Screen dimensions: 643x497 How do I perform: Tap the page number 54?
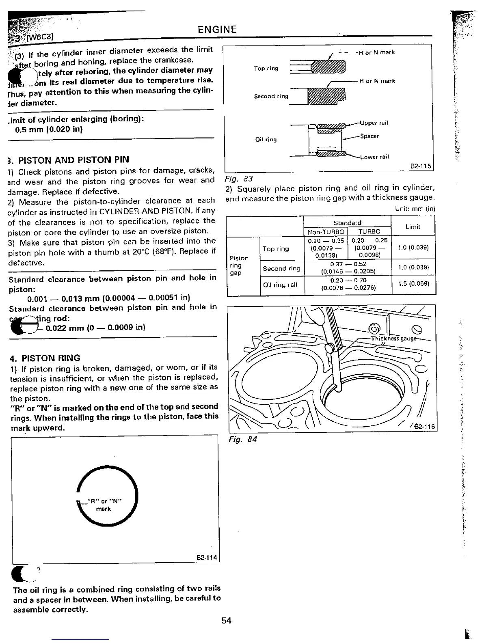pyautogui.click(x=226, y=620)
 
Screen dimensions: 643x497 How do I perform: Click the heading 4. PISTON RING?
pyautogui.click(x=45, y=358)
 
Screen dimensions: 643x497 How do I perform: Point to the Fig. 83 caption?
pyautogui.click(x=234, y=179)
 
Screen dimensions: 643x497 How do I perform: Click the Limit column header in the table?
pyautogui.click(x=413, y=227)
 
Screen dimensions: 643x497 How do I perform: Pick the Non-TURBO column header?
pyautogui.click(x=326, y=231)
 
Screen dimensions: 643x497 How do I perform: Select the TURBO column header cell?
pyautogui.click(x=370, y=231)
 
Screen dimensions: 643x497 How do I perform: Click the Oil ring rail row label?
pyautogui.click(x=280, y=285)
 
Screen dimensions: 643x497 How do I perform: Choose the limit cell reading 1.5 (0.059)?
pyautogui.click(x=413, y=283)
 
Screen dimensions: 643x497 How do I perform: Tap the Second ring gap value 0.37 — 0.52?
pyautogui.click(x=348, y=264)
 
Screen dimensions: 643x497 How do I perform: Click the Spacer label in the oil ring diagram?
pyautogui.click(x=370, y=136)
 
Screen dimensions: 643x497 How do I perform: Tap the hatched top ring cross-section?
pyautogui.click(x=327, y=66)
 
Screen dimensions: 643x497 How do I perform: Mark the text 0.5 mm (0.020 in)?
pyautogui.click(x=49, y=130)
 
